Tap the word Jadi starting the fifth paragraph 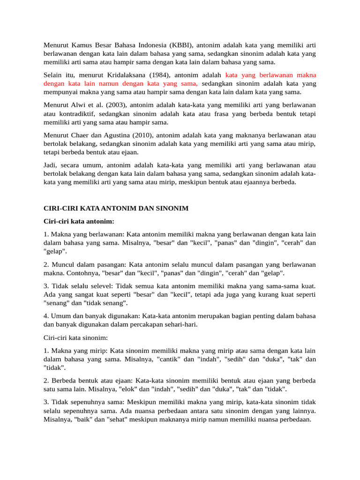pyautogui.click(x=50, y=165)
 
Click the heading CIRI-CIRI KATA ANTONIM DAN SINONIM pyautogui.click(x=116, y=208)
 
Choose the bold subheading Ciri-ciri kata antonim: pyautogui.click(x=79, y=221)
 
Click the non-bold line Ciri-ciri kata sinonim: pyautogui.click(x=75, y=338)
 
